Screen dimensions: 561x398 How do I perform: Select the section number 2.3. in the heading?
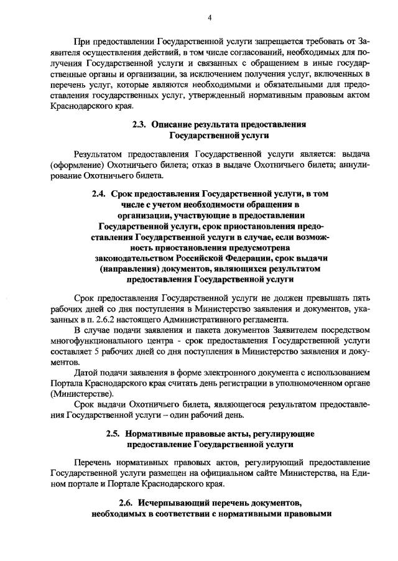click(141, 124)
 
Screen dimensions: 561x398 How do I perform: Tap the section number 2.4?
click(99, 194)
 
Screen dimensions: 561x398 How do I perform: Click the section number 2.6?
click(126, 503)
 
